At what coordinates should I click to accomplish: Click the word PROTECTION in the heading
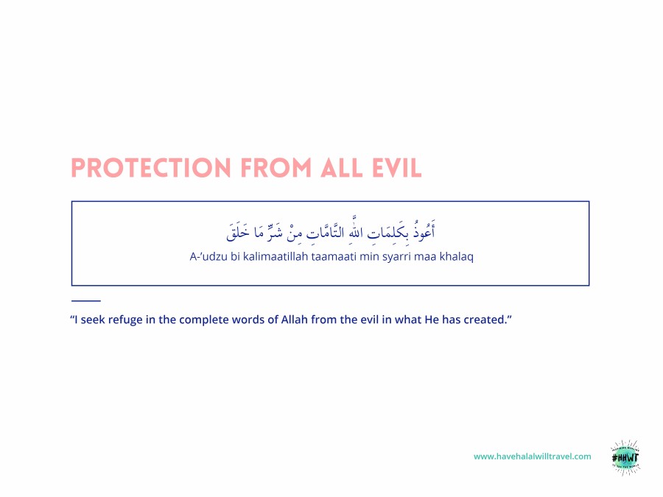click(151, 168)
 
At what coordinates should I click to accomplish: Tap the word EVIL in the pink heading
click(396, 168)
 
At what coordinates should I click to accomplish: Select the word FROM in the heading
click(276, 168)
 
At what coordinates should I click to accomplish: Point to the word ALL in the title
click(342, 168)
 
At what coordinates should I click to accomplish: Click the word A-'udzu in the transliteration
click(208, 256)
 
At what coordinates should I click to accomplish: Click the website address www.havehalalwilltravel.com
click(533, 457)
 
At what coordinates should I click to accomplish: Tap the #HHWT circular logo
click(625, 457)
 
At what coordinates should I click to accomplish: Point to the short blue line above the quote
click(86, 301)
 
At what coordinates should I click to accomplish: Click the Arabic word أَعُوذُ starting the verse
click(424, 230)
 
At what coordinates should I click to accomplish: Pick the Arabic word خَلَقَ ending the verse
click(238, 232)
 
